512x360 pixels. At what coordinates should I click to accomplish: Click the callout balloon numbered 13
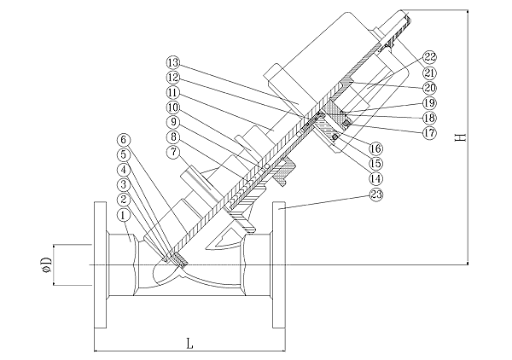tap(173, 62)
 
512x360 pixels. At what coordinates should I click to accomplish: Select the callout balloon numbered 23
tap(375, 195)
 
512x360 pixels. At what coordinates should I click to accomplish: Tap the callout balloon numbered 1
tap(123, 215)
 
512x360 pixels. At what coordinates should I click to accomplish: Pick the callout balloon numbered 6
tap(123, 140)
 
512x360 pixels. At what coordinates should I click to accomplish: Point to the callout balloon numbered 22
tap(429, 57)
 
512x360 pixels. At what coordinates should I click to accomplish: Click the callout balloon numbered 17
tap(429, 133)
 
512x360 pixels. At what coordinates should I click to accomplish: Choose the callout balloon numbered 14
tap(375, 178)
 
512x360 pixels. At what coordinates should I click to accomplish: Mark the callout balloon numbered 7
tap(173, 151)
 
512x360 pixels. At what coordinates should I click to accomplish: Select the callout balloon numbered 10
tap(173, 107)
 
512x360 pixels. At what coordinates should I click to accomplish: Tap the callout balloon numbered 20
tap(429, 88)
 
